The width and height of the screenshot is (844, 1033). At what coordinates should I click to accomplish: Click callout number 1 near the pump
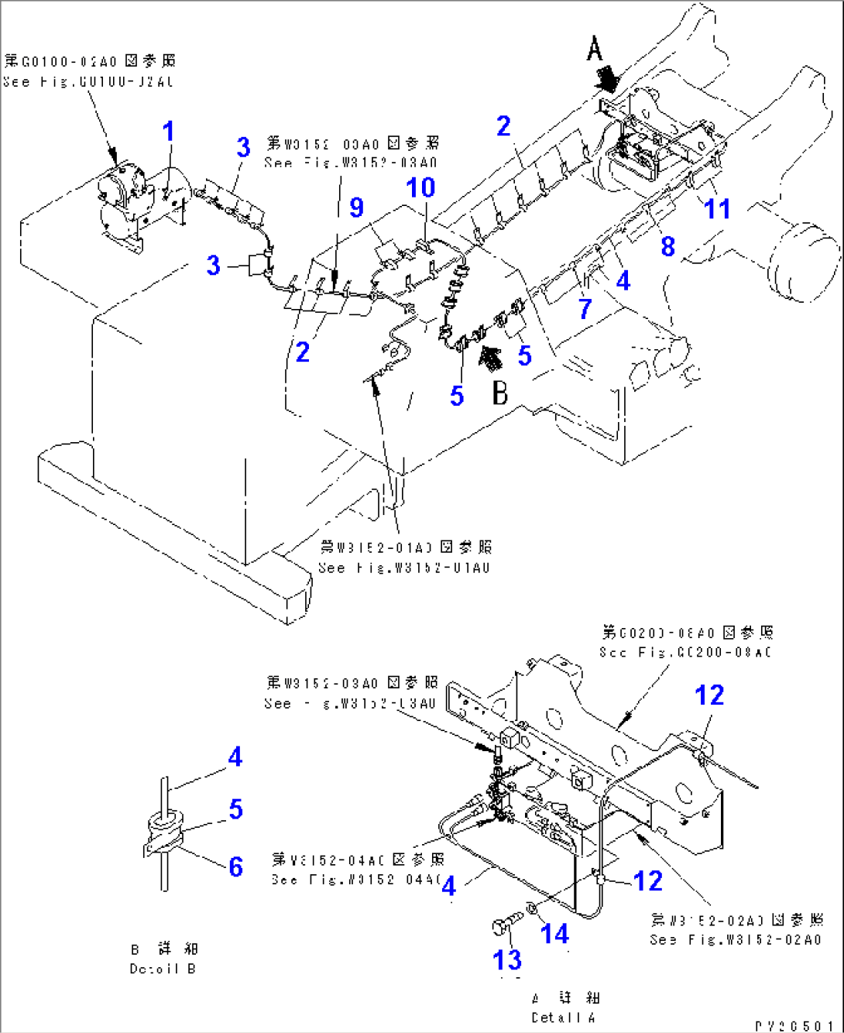pyautogui.click(x=168, y=132)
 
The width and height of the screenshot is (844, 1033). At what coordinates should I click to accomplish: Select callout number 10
pyautogui.click(x=421, y=187)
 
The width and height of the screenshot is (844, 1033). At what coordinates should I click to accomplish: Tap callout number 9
pyautogui.click(x=356, y=208)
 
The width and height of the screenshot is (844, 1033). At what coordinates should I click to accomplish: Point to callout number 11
pyautogui.click(x=716, y=208)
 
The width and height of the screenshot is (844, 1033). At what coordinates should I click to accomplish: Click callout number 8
pyautogui.click(x=667, y=246)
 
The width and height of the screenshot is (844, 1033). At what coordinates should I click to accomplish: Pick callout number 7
pyautogui.click(x=585, y=308)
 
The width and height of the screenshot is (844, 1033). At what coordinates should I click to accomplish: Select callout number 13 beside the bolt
pyautogui.click(x=507, y=959)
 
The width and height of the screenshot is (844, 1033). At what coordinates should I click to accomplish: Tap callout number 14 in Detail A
pyautogui.click(x=554, y=934)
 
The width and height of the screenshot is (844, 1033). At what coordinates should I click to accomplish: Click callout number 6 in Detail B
pyautogui.click(x=236, y=866)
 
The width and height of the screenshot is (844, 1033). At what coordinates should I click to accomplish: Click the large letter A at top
pyautogui.click(x=594, y=50)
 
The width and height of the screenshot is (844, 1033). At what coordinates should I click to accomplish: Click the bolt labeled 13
pyautogui.click(x=501, y=925)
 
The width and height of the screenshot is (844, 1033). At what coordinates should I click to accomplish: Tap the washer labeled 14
pyautogui.click(x=531, y=909)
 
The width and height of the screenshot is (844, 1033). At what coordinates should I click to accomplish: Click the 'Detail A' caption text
pyautogui.click(x=565, y=1017)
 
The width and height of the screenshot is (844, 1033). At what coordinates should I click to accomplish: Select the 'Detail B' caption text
pyautogui.click(x=163, y=968)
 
